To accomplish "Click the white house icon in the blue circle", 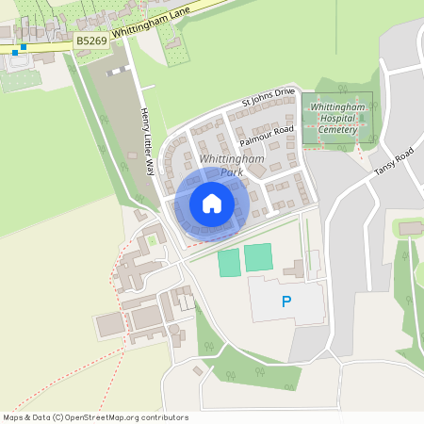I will [212, 203].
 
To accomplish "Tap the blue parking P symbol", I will [286, 302].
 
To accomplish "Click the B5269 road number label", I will [91, 41].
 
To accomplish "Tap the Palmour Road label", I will [267, 135].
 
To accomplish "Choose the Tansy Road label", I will [394, 161].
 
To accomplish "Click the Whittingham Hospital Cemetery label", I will [337, 119].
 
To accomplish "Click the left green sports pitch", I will [229, 263].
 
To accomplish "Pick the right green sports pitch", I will [258, 256].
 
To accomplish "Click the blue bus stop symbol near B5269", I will [23, 47].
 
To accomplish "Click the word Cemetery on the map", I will [337, 129].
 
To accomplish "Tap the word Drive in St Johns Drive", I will [284, 92].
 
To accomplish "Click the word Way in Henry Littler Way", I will [149, 168].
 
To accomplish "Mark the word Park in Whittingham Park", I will [232, 172].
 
